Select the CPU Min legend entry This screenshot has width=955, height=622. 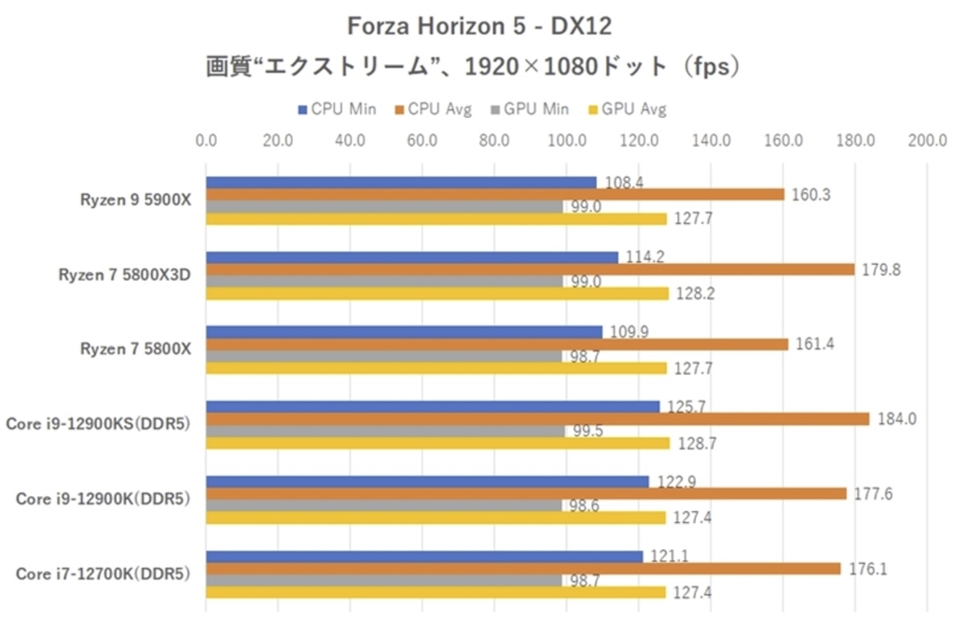point(336,109)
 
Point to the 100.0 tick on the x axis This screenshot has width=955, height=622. point(566,141)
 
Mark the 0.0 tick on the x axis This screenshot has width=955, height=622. point(206,141)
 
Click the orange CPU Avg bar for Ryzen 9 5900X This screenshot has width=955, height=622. point(494,195)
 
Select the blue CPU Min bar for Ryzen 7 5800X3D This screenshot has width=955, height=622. point(411,257)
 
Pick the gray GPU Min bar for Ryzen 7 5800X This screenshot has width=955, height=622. point(383,356)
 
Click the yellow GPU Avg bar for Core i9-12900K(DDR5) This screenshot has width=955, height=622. point(436,518)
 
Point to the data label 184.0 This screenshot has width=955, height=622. point(896,420)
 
